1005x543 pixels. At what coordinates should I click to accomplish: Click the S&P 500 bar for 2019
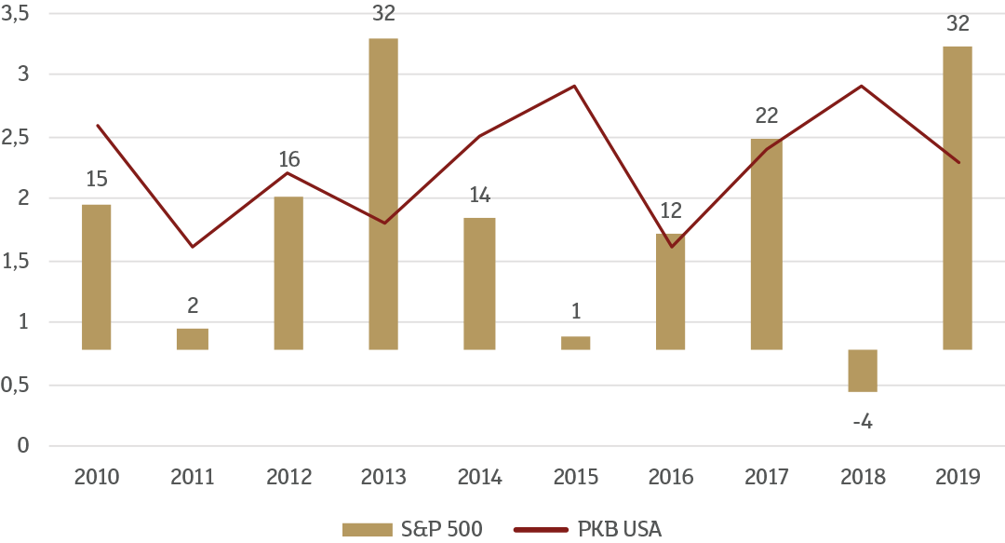coord(958,197)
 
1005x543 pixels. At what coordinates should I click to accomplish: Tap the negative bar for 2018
coord(863,371)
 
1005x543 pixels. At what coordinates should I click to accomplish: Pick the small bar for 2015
coord(576,343)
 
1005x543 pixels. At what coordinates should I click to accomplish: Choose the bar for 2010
coord(97,277)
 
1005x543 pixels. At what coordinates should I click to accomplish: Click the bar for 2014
coord(479,283)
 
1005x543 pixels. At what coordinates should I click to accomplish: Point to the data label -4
coord(862,422)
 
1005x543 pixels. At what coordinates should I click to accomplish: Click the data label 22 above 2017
coord(766,115)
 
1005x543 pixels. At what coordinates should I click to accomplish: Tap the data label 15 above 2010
coord(97,179)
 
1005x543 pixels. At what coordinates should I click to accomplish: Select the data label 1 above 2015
coord(576,311)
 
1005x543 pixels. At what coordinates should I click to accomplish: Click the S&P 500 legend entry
coord(412,529)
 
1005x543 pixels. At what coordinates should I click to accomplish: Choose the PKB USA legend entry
coord(587,529)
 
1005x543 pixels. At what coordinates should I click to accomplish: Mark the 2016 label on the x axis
coord(671,477)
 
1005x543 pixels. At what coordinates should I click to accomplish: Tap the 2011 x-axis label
coord(193,477)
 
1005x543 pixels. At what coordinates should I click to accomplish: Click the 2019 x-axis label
coord(958,477)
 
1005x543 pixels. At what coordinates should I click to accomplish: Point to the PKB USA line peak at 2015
coord(576,86)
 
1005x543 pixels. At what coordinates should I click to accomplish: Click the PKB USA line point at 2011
coord(193,247)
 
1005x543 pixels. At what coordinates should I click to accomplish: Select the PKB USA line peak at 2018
coord(863,86)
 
